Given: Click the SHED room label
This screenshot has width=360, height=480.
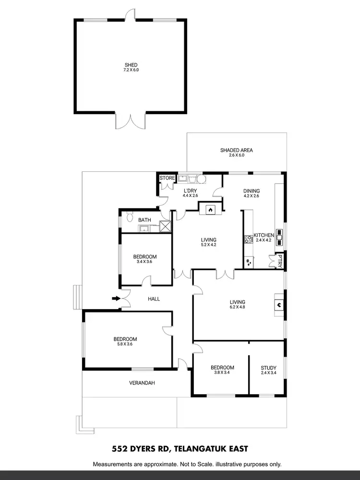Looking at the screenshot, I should (x=131, y=65).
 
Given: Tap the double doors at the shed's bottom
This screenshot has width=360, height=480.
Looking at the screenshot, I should (x=131, y=120).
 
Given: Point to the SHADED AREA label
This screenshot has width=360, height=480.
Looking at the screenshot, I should (x=236, y=150).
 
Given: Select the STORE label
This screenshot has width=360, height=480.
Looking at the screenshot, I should (x=168, y=178).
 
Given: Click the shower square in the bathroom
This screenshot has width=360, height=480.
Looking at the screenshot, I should (x=165, y=227).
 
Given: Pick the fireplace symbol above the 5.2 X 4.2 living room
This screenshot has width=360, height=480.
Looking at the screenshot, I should (x=210, y=209).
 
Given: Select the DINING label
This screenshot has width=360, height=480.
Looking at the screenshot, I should (x=252, y=190).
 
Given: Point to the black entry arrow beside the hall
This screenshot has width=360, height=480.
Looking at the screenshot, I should (x=116, y=299).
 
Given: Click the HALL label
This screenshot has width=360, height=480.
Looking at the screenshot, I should (x=154, y=299).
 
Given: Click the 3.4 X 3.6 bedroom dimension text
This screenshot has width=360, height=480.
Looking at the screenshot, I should (x=144, y=262).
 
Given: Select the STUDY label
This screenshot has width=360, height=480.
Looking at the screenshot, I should (x=268, y=368).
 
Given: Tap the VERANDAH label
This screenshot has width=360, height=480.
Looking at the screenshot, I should (x=143, y=383).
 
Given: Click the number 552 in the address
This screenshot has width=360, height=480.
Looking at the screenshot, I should (x=120, y=449).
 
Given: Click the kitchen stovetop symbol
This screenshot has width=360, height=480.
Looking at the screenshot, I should (x=249, y=239).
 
